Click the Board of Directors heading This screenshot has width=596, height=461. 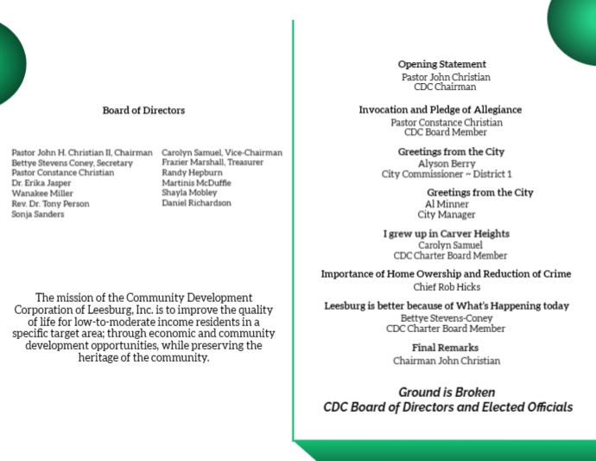tap(143, 111)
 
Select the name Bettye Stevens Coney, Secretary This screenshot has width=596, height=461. tap(72, 163)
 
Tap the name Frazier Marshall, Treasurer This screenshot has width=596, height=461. tap(212, 162)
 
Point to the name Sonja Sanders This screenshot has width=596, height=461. tap(37, 214)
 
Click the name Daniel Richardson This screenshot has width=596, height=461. tap(196, 203)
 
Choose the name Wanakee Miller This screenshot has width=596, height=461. tap(41, 193)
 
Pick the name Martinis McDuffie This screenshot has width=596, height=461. tap(196, 182)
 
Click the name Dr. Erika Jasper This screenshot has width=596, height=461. tap(41, 182)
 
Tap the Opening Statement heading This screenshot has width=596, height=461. tap(441, 64)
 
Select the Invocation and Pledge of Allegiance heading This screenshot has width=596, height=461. tap(440, 110)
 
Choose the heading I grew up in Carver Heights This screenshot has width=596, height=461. tap(446, 234)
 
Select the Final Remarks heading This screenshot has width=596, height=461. tap(446, 348)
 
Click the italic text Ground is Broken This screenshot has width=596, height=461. tap(447, 391)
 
